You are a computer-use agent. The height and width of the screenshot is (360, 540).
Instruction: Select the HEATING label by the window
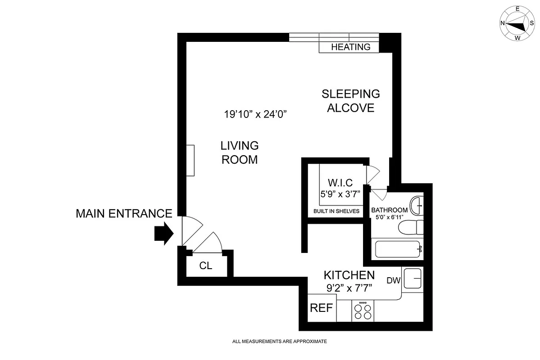pyautogui.click(x=350, y=47)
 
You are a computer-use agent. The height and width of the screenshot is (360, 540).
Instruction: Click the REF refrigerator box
pyautogui.click(x=322, y=308)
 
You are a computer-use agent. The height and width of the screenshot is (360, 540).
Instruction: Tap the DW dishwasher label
pyautogui.click(x=393, y=281)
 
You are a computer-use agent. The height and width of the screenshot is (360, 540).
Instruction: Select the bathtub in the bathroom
pyautogui.click(x=398, y=249)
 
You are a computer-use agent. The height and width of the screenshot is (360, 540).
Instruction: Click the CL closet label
pyautogui.click(x=205, y=266)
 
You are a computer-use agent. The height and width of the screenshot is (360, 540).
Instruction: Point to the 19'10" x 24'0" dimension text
pyautogui.click(x=255, y=114)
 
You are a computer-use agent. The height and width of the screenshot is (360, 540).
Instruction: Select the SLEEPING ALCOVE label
pyautogui.click(x=350, y=101)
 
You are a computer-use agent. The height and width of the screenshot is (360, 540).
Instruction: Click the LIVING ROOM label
pyautogui.click(x=239, y=153)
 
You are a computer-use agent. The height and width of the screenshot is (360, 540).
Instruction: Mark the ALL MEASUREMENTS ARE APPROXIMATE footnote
pyautogui.click(x=279, y=342)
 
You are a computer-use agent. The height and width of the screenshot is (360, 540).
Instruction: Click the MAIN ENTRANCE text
pyautogui.click(x=124, y=213)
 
